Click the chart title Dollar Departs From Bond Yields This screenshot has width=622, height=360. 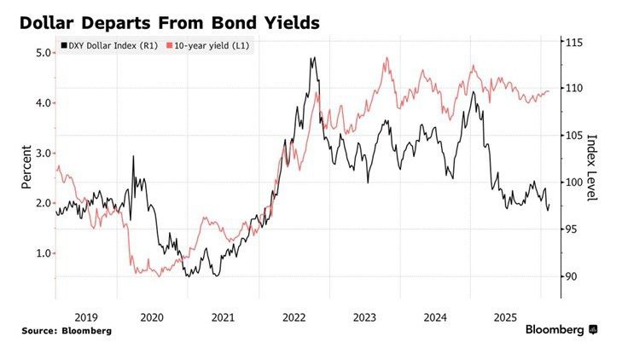[x=170, y=23]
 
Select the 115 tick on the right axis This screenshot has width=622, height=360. [x=572, y=42]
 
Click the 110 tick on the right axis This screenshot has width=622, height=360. [x=572, y=89]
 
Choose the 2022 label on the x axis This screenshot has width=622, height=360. [x=294, y=317]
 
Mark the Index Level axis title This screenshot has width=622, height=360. [x=592, y=167]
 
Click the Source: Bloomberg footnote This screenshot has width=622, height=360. [x=67, y=330]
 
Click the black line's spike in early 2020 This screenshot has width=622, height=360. [x=133, y=157]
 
